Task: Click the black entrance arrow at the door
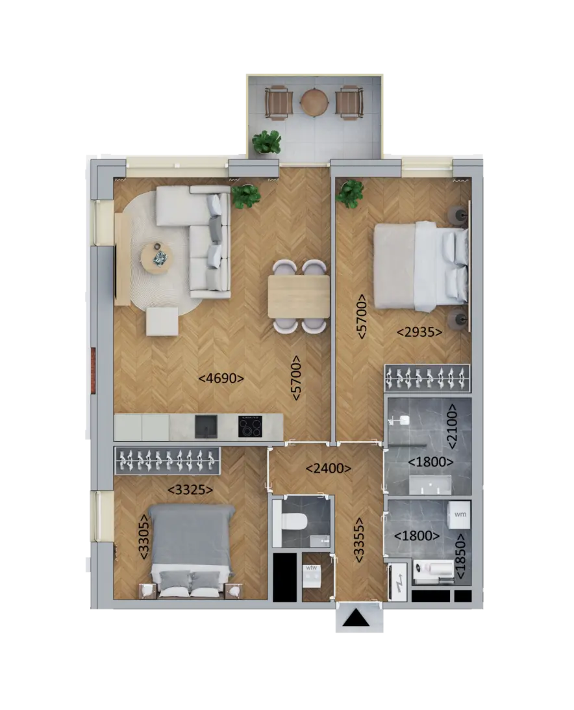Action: pyautogui.click(x=356, y=618)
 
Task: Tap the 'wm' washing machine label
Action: pyautogui.click(x=460, y=514)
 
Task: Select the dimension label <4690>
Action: pyautogui.click(x=221, y=378)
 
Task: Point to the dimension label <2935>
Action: pyautogui.click(x=419, y=332)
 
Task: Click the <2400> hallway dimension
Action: pyautogui.click(x=329, y=468)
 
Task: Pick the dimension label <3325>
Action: pyautogui.click(x=190, y=490)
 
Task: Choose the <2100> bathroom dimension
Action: pyautogui.click(x=453, y=426)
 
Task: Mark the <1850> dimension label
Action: pyautogui.click(x=460, y=556)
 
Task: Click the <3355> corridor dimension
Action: pyautogui.click(x=358, y=540)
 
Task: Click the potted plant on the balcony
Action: pyautogui.click(x=266, y=142)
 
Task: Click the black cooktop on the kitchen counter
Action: pyautogui.click(x=250, y=426)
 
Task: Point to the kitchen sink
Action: pyautogui.click(x=206, y=427)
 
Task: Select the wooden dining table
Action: pyautogui.click(x=299, y=296)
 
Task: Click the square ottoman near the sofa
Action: pyautogui.click(x=162, y=321)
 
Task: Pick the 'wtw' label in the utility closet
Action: pyautogui.click(x=311, y=568)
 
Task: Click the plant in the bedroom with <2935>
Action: pyautogui.click(x=349, y=193)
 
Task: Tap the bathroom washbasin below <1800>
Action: pyautogui.click(x=430, y=485)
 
